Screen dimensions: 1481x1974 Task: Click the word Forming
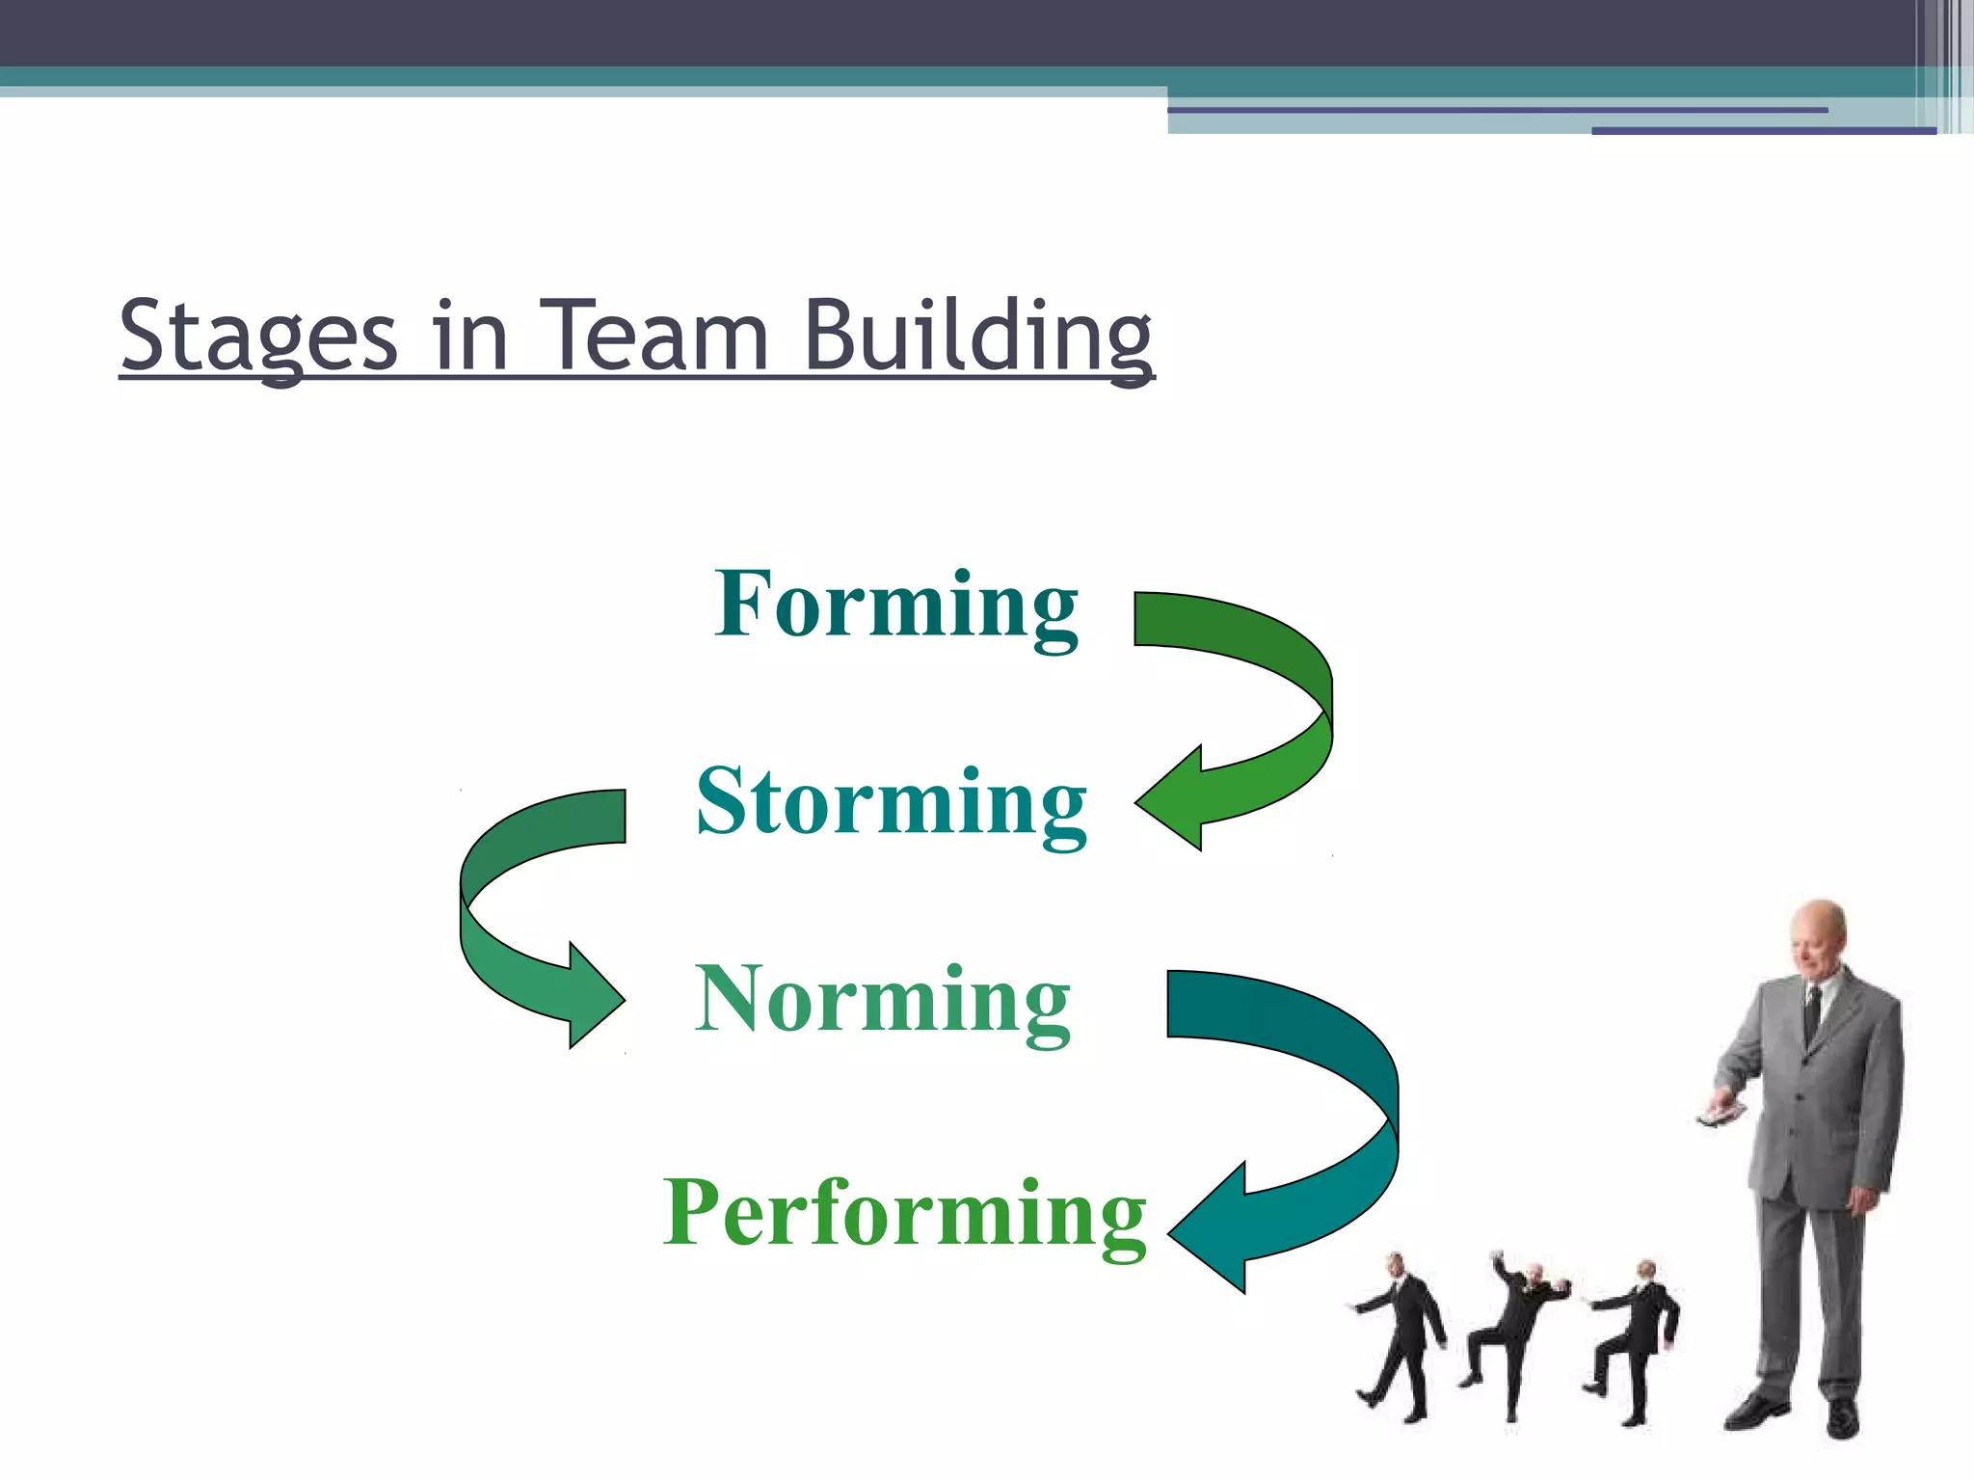[x=895, y=606]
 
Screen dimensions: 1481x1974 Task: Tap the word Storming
[x=892, y=802]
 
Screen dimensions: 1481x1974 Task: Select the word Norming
[x=882, y=1001]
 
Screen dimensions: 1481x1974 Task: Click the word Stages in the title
[x=258, y=337]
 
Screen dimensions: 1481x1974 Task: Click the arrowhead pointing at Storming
[x=1171, y=798]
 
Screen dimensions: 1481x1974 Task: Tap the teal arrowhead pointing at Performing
[x=1210, y=1227]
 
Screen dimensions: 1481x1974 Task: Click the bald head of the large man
[x=1818, y=930]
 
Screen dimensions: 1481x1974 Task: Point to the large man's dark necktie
[x=1812, y=1012]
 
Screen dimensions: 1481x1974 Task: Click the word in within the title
[x=469, y=337]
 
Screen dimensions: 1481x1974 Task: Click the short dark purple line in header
[x=1763, y=130]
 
